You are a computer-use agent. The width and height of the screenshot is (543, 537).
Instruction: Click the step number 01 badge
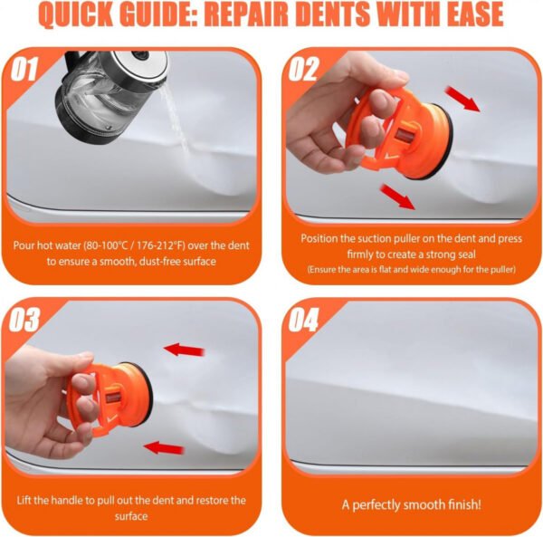pyautogui.click(x=26, y=69)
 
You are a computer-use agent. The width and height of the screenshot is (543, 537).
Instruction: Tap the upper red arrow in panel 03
pyautogui.click(x=183, y=349)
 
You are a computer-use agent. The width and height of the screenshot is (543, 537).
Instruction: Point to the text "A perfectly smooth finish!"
pyautogui.click(x=412, y=504)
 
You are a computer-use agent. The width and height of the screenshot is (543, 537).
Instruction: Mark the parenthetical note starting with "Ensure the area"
pyautogui.click(x=411, y=270)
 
